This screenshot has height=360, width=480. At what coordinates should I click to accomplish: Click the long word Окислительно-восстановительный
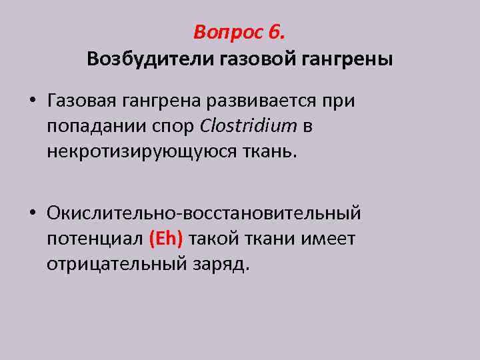pos(204,213)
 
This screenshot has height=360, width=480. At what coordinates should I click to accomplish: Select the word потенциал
pos(95,238)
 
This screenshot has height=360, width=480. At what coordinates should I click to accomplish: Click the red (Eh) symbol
pos(166,238)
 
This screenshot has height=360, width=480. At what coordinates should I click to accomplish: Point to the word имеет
pos(329,238)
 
